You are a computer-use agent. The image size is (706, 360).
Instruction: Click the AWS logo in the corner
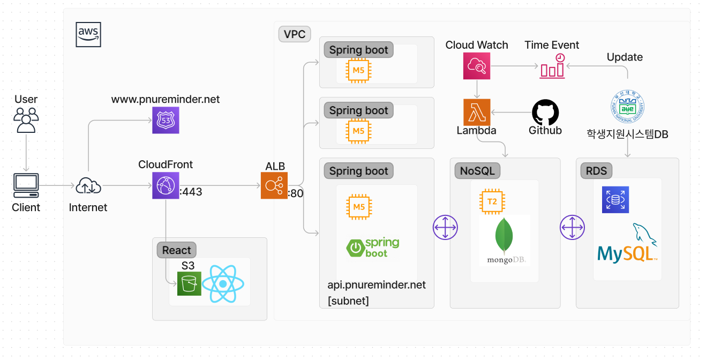pyautogui.click(x=88, y=35)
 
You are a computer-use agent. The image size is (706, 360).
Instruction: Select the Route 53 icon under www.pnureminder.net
pyautogui.click(x=166, y=120)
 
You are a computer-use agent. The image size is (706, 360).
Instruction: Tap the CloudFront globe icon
pyautogui.click(x=166, y=185)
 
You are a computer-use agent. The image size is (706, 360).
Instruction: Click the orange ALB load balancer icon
pyautogui.click(x=274, y=185)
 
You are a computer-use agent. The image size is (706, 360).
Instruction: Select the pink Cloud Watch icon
pyautogui.click(x=477, y=66)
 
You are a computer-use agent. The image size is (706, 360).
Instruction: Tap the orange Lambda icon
pyautogui.click(x=477, y=112)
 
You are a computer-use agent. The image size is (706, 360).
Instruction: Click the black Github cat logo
pyautogui.click(x=545, y=112)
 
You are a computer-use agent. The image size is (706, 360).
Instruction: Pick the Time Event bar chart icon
pyautogui.click(x=552, y=66)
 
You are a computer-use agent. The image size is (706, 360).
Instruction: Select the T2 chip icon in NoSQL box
pyautogui.click(x=492, y=202)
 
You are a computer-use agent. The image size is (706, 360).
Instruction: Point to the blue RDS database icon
pyautogui.click(x=615, y=200)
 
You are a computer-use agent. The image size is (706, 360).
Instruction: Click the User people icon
pyautogui.click(x=26, y=119)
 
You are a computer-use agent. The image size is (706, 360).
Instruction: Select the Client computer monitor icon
pyautogui.click(x=26, y=185)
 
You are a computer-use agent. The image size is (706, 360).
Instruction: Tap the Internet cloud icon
pyautogui.click(x=88, y=186)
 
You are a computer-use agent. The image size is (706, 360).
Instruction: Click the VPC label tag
pyautogui.click(x=295, y=35)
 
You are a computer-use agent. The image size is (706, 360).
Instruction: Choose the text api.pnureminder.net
pyautogui.click(x=377, y=285)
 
